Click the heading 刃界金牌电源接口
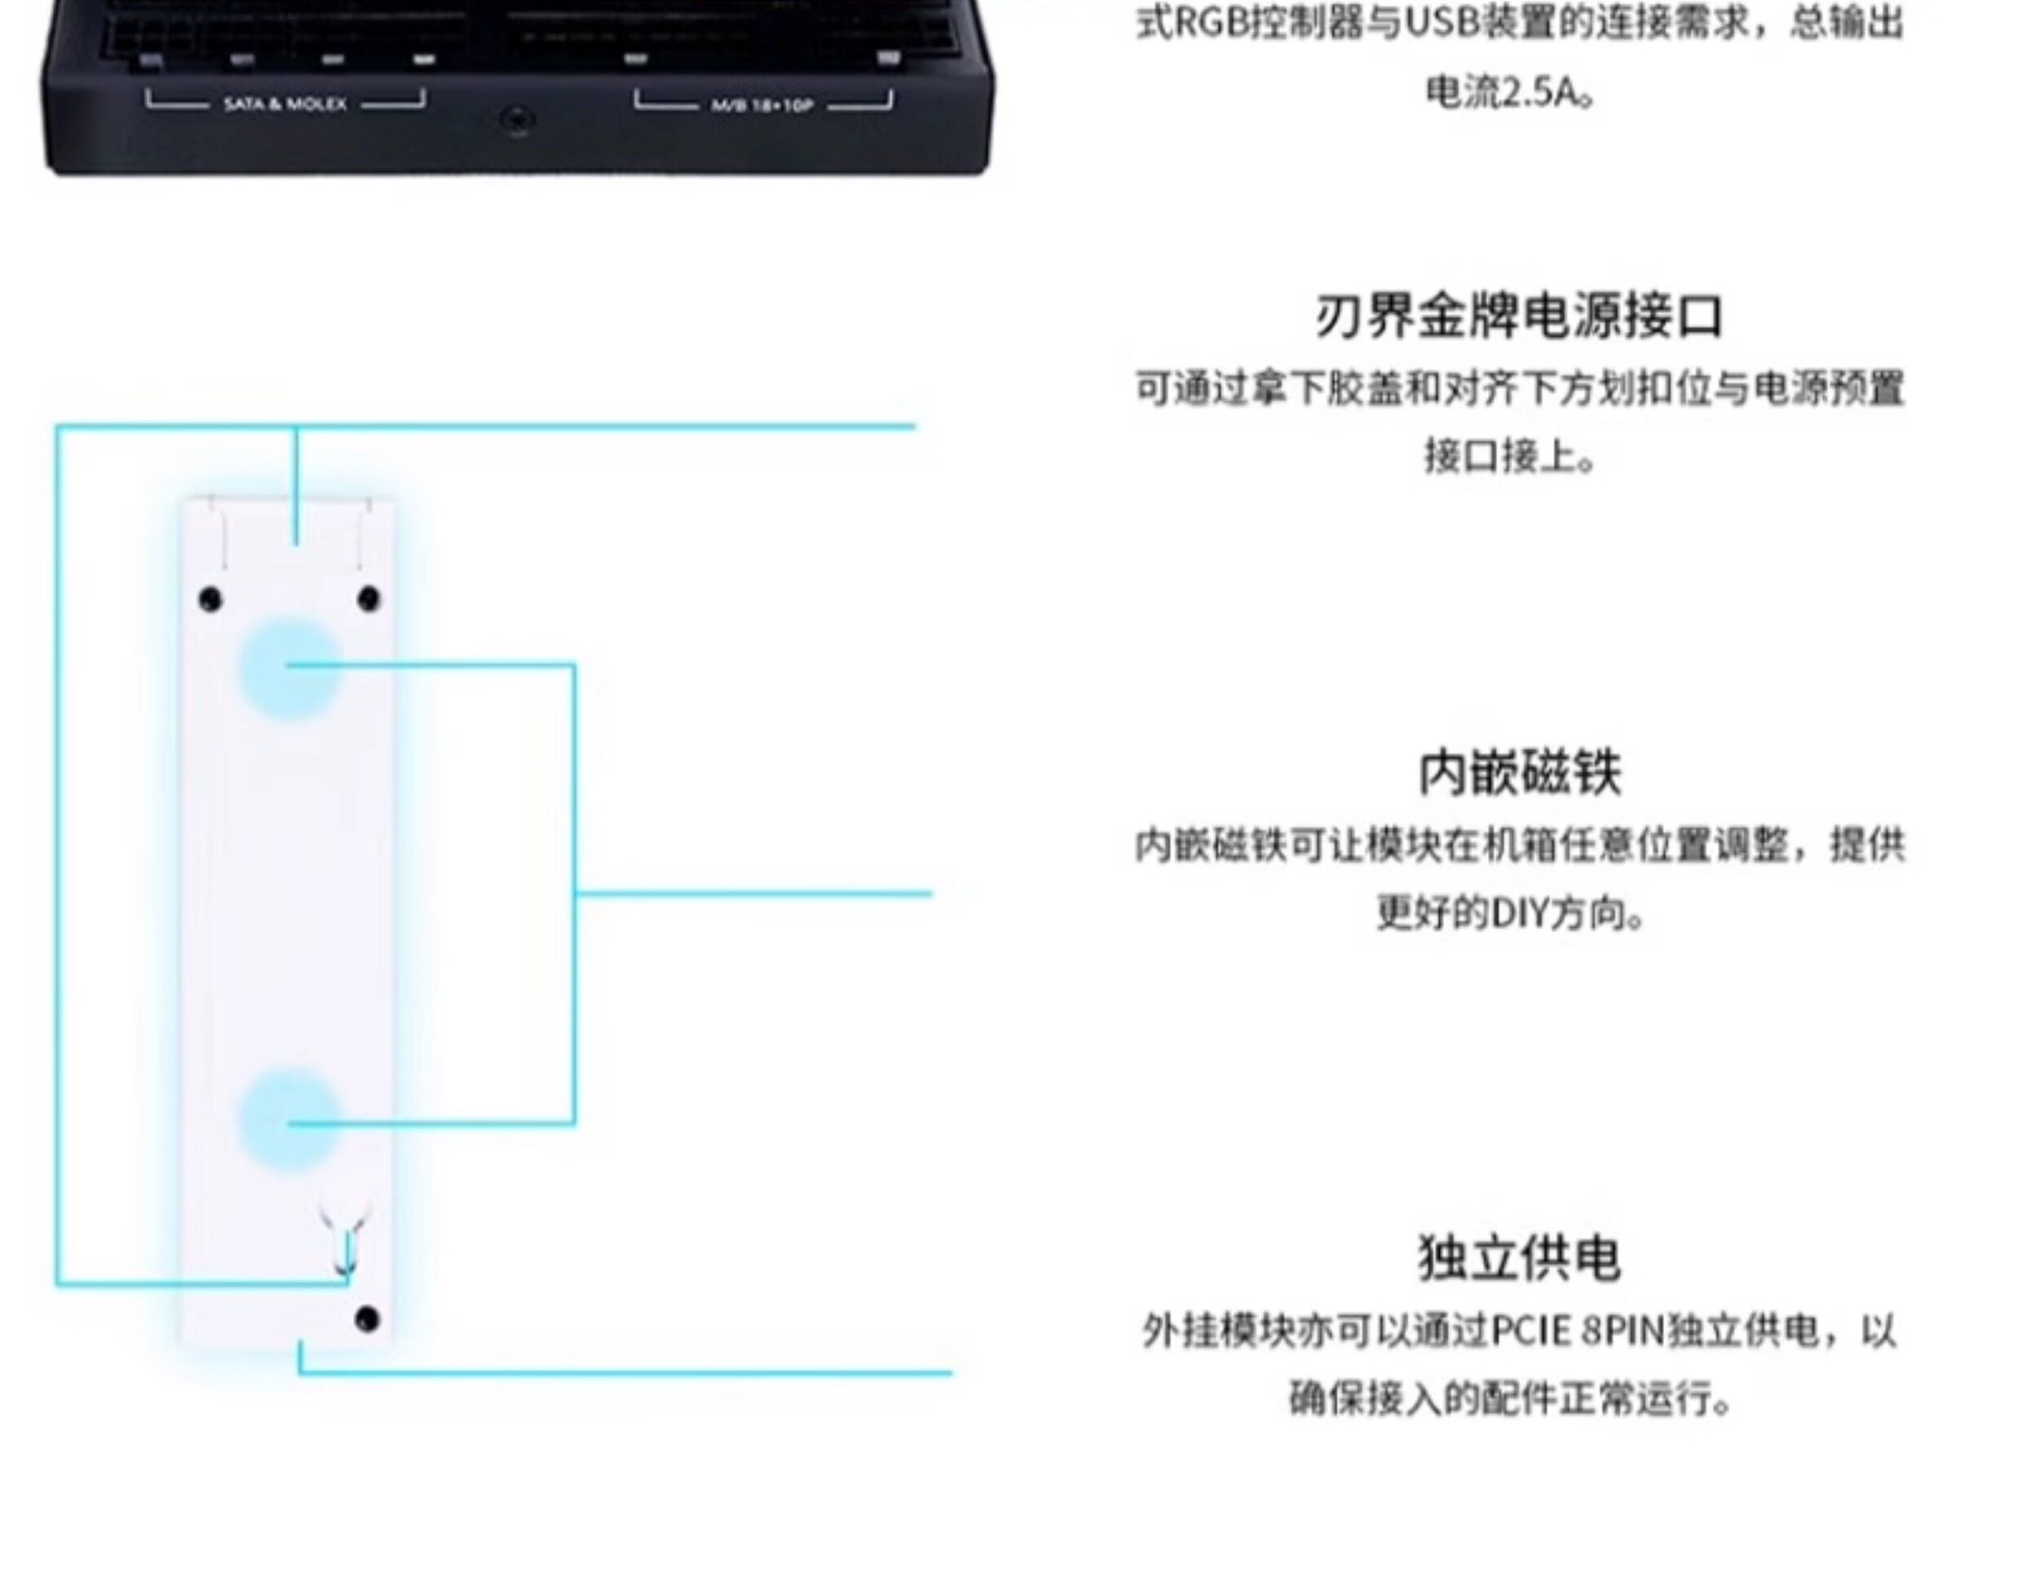tap(1518, 316)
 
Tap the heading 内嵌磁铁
tap(1519, 773)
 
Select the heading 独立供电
tap(1519, 1259)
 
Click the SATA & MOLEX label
tap(285, 104)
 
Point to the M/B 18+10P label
tap(762, 105)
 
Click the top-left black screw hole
tap(210, 600)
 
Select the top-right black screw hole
tap(369, 599)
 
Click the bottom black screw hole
tap(367, 1318)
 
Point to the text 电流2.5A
tap(1509, 93)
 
